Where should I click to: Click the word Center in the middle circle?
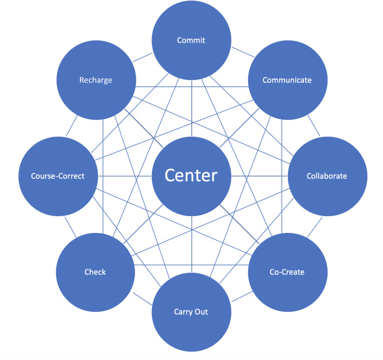click(191, 175)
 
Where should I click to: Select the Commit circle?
click(191, 41)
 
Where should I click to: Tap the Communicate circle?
click(288, 80)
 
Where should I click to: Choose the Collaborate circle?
click(328, 176)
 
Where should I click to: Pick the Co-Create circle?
click(288, 272)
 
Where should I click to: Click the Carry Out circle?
click(191, 312)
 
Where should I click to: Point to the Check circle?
click(96, 272)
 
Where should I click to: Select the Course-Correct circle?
click(58, 176)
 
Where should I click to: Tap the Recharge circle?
click(96, 80)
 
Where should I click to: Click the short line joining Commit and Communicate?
click(243, 52)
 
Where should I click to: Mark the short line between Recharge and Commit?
click(143, 57)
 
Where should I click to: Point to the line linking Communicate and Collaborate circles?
click(314, 126)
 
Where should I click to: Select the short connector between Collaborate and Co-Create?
click(315, 227)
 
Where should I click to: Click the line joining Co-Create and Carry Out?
click(242, 296)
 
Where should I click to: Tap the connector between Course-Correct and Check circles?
click(70, 227)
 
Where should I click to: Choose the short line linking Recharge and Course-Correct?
click(71, 126)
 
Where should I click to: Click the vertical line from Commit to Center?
click(191, 108)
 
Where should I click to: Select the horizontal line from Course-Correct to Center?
click(125, 176)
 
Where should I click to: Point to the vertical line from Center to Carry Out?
click(191, 244)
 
